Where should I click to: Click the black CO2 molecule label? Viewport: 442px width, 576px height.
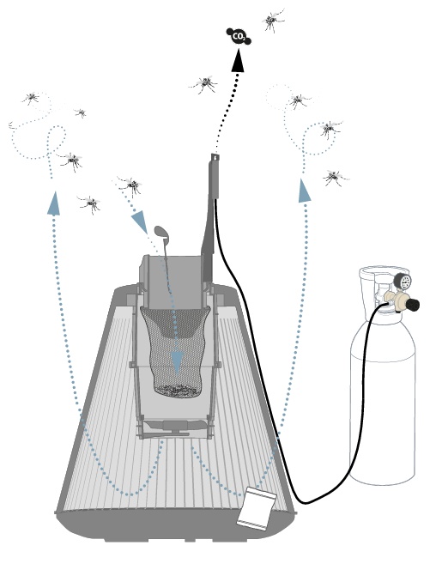pos(238,36)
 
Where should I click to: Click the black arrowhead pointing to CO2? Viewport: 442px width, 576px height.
pos(238,60)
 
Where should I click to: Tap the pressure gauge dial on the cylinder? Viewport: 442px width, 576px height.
pos(403,282)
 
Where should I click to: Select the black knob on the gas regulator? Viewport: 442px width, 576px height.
pos(413,304)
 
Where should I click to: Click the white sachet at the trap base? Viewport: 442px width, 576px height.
pos(257,508)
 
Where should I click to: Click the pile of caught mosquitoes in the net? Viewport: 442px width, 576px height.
pos(178,391)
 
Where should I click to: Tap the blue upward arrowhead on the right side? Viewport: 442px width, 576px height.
pos(304,191)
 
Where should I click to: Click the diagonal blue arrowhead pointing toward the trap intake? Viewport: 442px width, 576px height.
pos(140,221)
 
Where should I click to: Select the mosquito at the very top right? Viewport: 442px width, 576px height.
pos(272,20)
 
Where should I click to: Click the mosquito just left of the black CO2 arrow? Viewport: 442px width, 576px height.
pos(204,84)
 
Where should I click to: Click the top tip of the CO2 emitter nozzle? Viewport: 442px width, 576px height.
pos(215,155)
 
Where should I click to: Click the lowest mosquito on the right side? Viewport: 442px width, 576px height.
pos(335,178)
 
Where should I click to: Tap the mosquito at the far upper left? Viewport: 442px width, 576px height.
pos(31,97)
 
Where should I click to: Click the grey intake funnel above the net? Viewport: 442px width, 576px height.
pos(172,281)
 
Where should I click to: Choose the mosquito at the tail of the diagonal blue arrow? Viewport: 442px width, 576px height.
pos(130,185)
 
